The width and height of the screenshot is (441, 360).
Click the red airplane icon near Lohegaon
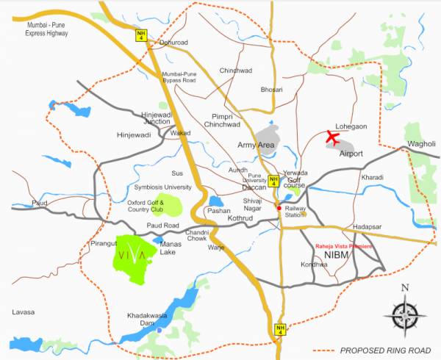coord(332,137)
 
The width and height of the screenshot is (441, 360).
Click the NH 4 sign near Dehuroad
coord(140,34)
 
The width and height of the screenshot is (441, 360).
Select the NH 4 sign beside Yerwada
coord(273,180)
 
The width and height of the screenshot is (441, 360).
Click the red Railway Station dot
coord(279,208)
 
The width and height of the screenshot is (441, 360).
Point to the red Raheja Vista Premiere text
coord(345,247)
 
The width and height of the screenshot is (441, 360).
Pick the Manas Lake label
coord(171,246)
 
